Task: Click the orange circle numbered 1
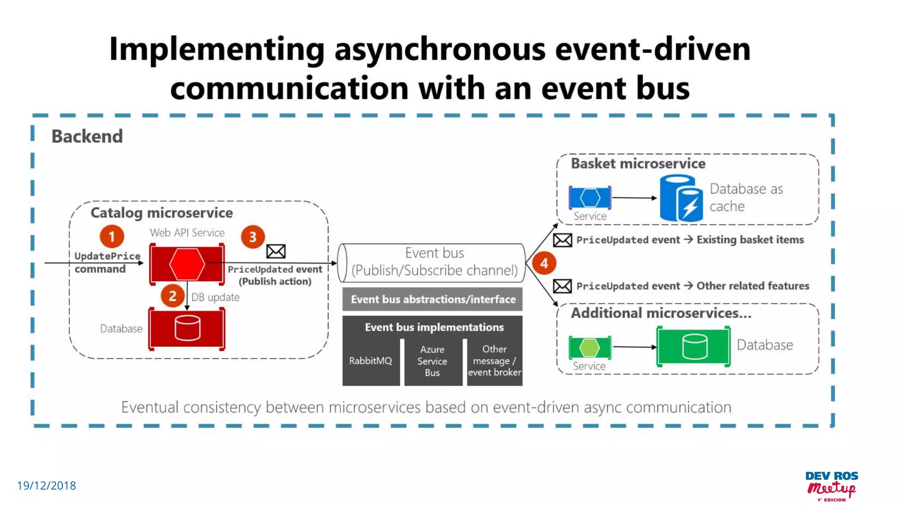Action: coord(112,236)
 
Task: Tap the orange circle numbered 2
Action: coord(172,296)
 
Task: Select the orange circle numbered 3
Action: coord(253,237)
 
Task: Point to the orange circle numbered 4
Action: coord(544,263)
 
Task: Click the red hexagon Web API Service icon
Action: coord(187,264)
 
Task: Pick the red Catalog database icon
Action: coord(187,329)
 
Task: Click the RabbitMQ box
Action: coord(371,361)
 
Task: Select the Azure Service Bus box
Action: coord(432,361)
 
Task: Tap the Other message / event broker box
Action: coord(494,361)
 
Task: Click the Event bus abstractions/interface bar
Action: coord(433,299)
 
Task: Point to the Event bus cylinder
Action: coord(432,262)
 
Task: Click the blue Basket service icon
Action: coord(590,198)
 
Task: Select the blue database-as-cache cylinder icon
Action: coord(681,198)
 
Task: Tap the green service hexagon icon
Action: coord(589,348)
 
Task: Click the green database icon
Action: coord(694,346)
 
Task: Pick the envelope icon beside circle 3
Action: coord(276,251)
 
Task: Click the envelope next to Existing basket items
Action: coord(562,240)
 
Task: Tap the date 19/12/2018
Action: coord(46,486)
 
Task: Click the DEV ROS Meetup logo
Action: coord(832,486)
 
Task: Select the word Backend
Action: coord(87,136)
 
